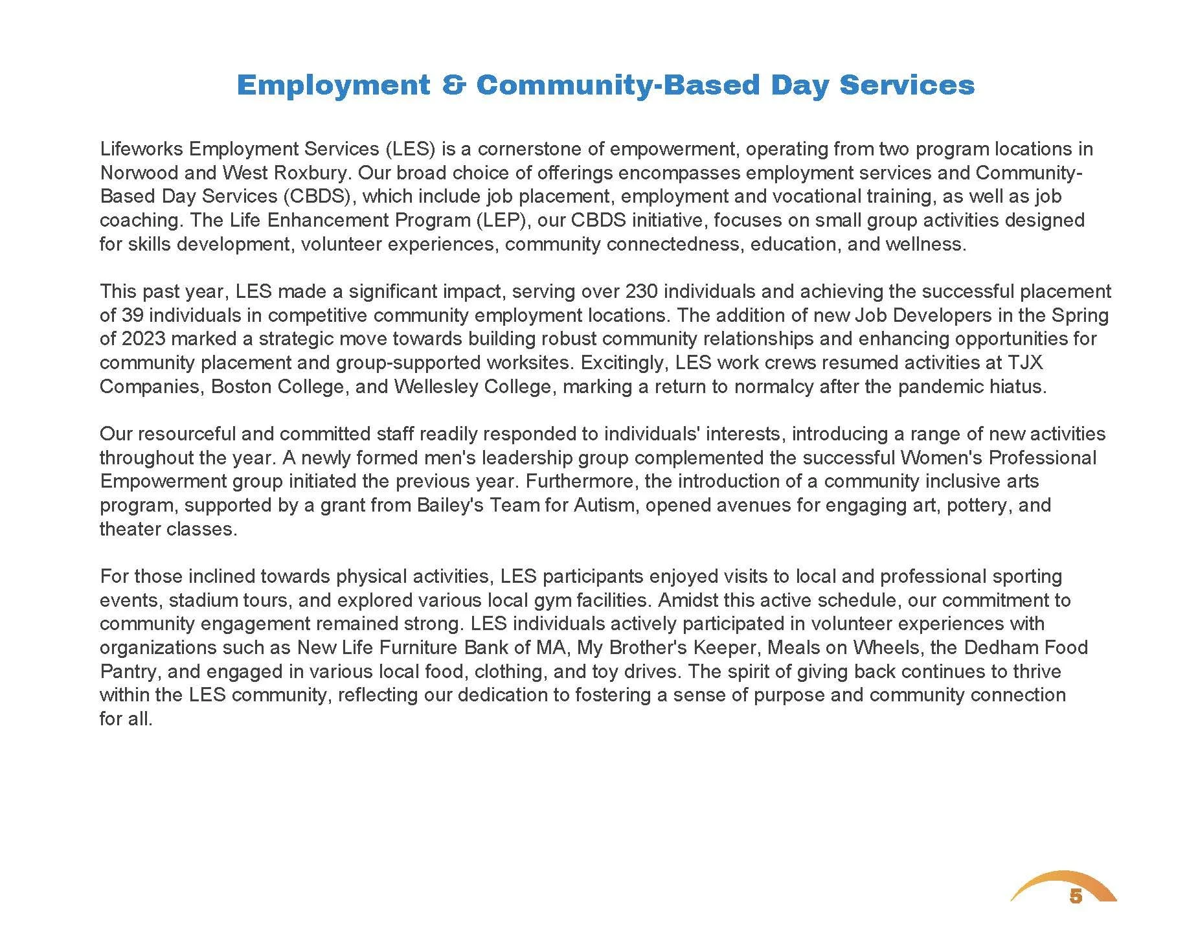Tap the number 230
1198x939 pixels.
click(x=643, y=291)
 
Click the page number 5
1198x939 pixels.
click(x=1076, y=896)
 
